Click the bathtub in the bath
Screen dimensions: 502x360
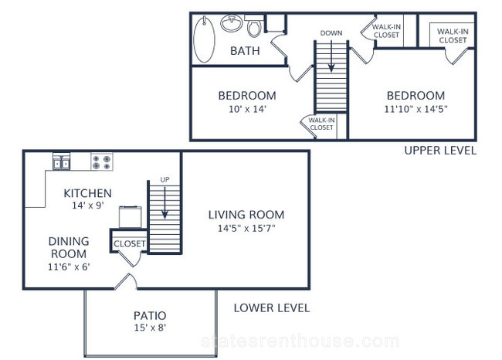[204, 39]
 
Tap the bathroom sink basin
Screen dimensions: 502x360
[232, 23]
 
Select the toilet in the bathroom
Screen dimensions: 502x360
[255, 25]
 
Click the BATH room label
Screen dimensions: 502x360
[245, 51]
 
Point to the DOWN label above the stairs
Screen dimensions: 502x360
[331, 33]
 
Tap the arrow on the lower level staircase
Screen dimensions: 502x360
[165, 202]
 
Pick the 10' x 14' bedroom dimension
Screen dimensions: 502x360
[247, 109]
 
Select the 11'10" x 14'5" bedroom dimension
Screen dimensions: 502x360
[416, 109]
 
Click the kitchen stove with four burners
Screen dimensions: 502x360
[102, 161]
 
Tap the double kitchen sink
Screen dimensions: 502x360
[61, 161]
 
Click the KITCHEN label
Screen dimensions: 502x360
[88, 193]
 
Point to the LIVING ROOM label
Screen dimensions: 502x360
[246, 215]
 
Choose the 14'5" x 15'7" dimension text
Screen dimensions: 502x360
[246, 229]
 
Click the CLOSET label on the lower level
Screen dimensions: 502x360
[129, 244]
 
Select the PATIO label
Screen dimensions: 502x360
[150, 315]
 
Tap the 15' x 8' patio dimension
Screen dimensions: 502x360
[150, 328]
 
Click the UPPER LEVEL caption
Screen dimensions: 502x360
[440, 150]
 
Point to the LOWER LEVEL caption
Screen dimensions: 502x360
[272, 307]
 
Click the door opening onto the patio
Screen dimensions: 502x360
[126, 282]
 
